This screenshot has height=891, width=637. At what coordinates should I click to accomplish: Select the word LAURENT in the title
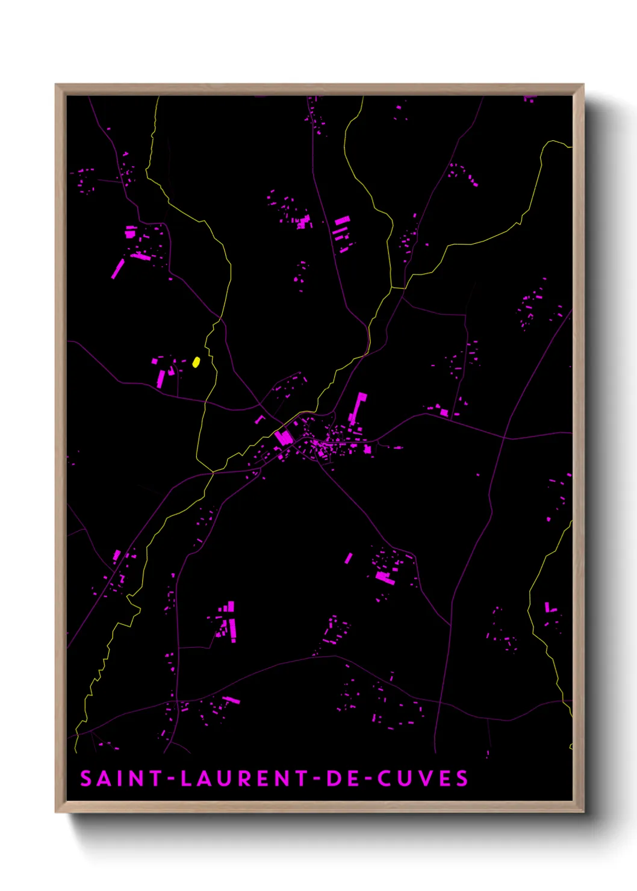click(245, 778)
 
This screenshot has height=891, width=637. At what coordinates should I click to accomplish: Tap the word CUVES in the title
click(423, 778)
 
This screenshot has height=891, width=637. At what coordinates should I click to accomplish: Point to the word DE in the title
click(344, 778)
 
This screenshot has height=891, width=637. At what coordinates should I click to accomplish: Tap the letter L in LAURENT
click(187, 778)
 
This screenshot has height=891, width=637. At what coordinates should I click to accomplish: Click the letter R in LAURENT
click(245, 778)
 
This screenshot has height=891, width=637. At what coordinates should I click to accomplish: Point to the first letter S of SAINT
click(86, 778)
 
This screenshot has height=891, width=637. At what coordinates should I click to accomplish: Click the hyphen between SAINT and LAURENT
click(172, 779)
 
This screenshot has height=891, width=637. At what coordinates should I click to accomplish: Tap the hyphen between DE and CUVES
click(368, 779)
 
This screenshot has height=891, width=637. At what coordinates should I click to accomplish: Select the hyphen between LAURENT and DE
click(317, 779)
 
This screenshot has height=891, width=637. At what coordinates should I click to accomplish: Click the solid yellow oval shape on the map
click(196, 362)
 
